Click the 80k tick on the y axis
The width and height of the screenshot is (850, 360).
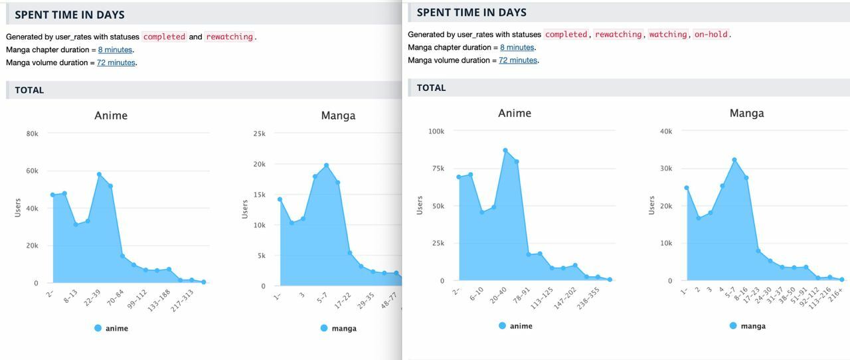pos(32,134)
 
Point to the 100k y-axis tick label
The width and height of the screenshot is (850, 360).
pos(436,132)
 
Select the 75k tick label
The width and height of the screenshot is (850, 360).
pos(438,169)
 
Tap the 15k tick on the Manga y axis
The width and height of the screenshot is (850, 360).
pos(259,195)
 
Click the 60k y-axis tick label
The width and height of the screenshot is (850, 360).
pos(32,171)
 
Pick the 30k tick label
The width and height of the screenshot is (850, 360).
pos(665,169)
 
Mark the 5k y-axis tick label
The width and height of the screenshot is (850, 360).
pos(261,256)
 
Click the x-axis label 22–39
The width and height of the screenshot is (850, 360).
pos(92,298)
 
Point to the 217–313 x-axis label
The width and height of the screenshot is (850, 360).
pos(182,300)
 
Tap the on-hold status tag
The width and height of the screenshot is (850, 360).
pos(711,35)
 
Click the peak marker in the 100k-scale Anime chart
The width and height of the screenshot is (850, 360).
pos(505,151)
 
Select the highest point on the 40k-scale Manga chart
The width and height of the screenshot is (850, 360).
pos(734,160)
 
